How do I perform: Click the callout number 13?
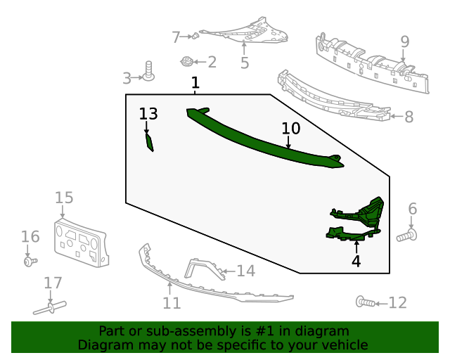[x=148, y=114]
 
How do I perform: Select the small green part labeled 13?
[x=150, y=143]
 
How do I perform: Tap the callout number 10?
[x=291, y=129]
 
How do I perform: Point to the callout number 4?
[x=356, y=262]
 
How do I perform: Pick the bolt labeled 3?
[x=148, y=70]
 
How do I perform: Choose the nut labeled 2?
[x=187, y=61]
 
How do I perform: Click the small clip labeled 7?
[x=195, y=36]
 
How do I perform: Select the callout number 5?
[x=245, y=63]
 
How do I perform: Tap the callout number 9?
[x=405, y=42]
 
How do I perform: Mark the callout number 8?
[x=409, y=117]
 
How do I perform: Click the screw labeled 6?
[x=407, y=236]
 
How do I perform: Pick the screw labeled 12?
[x=366, y=302]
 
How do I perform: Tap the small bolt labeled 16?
[x=30, y=262]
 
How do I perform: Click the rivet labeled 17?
[x=50, y=308]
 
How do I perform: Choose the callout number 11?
[x=172, y=303]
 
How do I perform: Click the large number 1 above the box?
[x=195, y=83]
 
